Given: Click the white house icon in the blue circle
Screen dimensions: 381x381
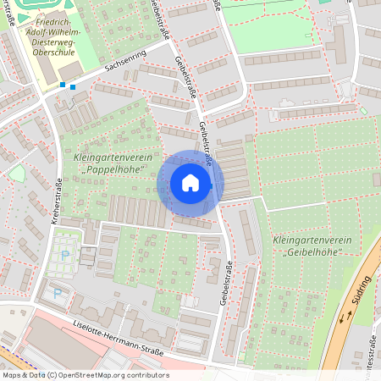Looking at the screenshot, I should (x=190, y=183).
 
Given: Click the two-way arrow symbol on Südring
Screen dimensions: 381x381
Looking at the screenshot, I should (x=346, y=318).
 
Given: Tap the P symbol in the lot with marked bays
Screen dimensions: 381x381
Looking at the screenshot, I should (x=65, y=255).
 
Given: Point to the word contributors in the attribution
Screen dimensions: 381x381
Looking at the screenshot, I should (x=147, y=375).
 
